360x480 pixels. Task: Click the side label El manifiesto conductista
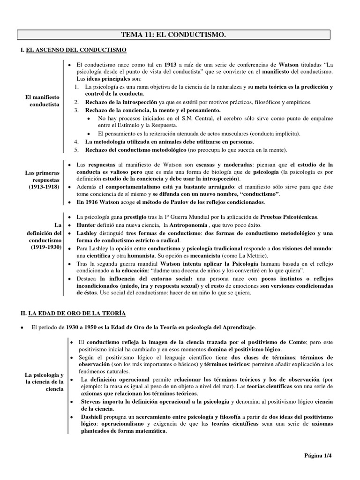(x=43, y=100)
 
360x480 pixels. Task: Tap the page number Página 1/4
(x=321, y=455)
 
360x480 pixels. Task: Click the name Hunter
(x=86, y=225)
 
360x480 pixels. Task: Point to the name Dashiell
(x=88, y=417)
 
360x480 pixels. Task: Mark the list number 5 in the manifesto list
(x=77, y=150)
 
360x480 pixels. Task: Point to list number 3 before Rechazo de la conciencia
(x=77, y=110)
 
